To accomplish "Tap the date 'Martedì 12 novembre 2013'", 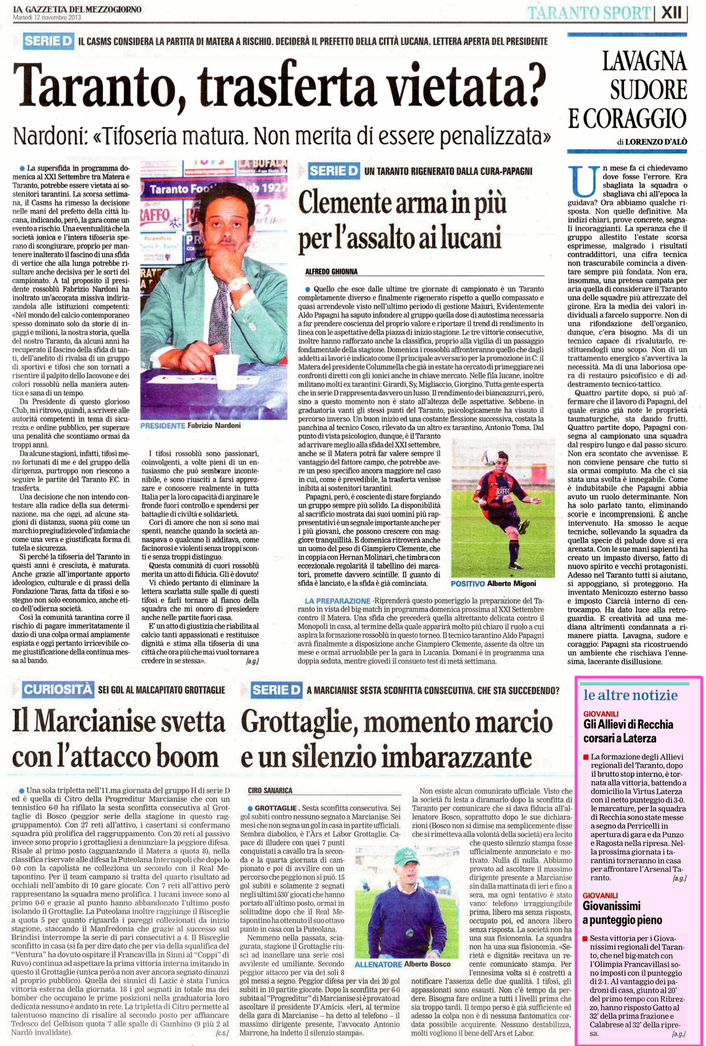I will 47,17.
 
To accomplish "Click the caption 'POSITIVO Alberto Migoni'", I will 493,584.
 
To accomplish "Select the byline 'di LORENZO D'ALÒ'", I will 652,142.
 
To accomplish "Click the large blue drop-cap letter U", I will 584,182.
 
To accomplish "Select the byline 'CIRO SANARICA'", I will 270,790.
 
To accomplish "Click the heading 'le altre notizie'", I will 630,696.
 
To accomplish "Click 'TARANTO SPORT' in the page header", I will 589,13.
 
